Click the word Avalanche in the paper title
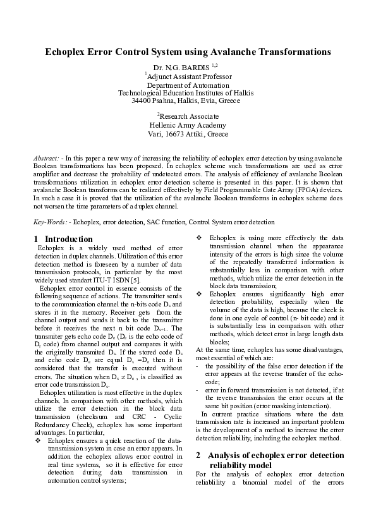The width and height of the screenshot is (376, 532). pos(235,51)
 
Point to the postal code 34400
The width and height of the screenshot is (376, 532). pos(142,100)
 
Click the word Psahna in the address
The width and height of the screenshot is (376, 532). pos(168,100)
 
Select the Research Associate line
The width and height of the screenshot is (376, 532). pos(188,116)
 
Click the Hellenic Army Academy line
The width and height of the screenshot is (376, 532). pos(188,125)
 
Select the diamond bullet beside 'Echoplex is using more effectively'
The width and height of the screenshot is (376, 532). pos(199,238)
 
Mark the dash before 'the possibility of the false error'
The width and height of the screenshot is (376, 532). pos(198,366)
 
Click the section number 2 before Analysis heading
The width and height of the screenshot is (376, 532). pos(198,455)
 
